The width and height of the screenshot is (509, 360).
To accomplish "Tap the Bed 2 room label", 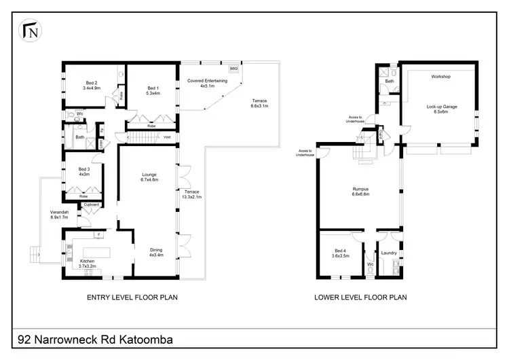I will point(91,84).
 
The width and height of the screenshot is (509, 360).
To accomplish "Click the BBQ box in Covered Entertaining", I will point(233,69).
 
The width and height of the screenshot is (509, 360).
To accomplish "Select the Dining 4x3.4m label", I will point(156,253).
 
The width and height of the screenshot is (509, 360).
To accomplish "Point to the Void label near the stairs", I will point(167,138).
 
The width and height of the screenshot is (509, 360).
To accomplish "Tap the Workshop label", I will point(441,76).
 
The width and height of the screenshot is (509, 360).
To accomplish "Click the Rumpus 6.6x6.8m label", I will point(360,192).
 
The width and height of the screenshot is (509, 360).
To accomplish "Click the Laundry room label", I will point(389,253).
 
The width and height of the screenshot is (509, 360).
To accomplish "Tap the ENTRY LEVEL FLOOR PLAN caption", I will point(133,297).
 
